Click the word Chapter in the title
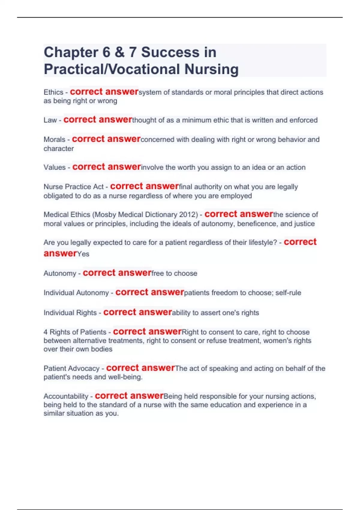(x=70, y=52)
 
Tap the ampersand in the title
(x=119, y=52)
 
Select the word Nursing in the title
(x=211, y=69)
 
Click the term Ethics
(x=53, y=92)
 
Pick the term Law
(x=50, y=120)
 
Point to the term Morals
(x=54, y=140)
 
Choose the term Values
(x=55, y=167)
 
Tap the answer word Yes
(x=83, y=254)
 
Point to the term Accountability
(x=66, y=396)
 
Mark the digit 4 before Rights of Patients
(x=46, y=332)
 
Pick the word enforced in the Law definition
(x=303, y=120)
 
